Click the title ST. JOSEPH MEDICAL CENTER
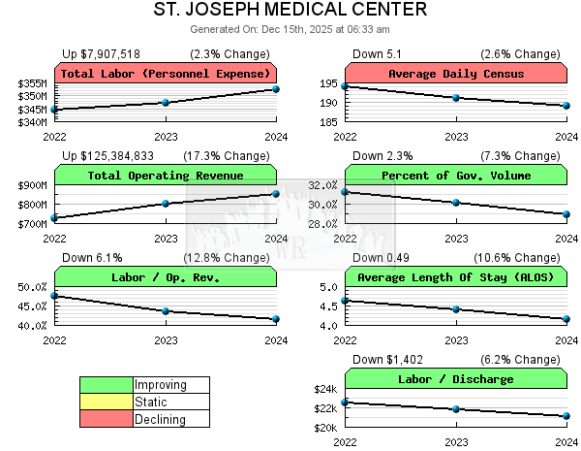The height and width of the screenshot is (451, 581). pos(290,10)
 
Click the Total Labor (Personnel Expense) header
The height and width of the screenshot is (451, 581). pos(166,74)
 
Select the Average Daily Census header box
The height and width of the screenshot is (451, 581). pos(455,74)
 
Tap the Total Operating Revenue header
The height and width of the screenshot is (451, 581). pos(166,176)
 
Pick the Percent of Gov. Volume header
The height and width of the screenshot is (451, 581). pos(455,176)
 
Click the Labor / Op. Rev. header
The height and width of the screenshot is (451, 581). pos(166,277)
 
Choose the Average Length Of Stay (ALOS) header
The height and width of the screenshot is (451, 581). pos(455,277)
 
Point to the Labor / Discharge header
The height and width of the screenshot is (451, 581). pos(455,379)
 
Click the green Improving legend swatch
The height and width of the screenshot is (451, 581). pos(107,385)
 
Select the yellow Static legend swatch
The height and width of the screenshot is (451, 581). pos(107,402)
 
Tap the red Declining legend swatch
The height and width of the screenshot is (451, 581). pos(107,419)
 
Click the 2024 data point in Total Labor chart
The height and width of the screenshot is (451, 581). pos(276,89)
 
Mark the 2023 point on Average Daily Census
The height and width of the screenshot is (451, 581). pos(456,98)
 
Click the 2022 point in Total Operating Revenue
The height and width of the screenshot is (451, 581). pos(54,217)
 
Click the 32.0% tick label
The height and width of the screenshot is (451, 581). pos(322,185)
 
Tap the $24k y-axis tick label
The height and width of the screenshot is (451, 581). pos(324,389)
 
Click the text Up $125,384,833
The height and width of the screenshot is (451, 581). pos(108,155)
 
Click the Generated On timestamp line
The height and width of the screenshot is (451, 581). pos(290,30)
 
